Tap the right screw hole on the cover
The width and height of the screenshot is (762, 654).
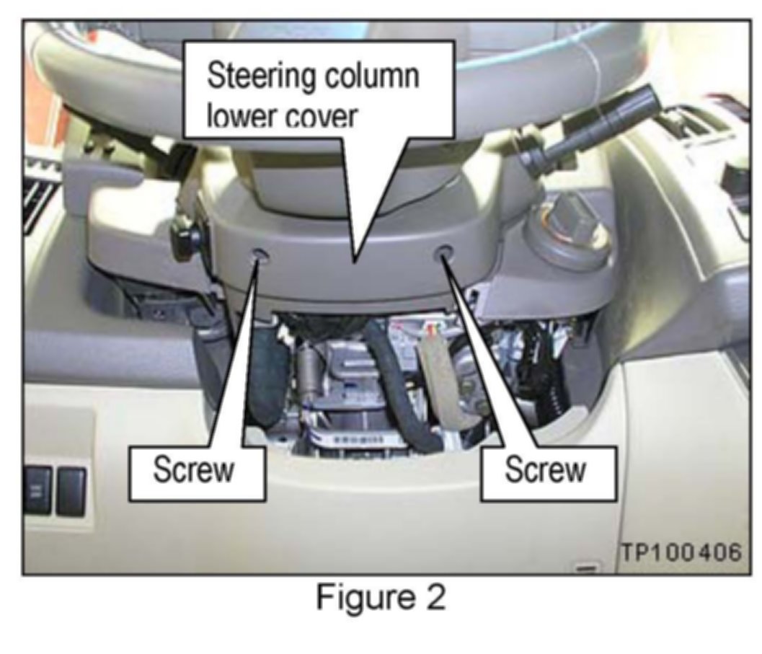point(445,254)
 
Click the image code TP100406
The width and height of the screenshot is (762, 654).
point(681,553)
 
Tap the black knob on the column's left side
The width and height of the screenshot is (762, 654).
point(183,241)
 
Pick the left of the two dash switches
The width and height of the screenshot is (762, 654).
point(37,490)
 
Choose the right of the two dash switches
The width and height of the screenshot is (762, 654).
point(71,490)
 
